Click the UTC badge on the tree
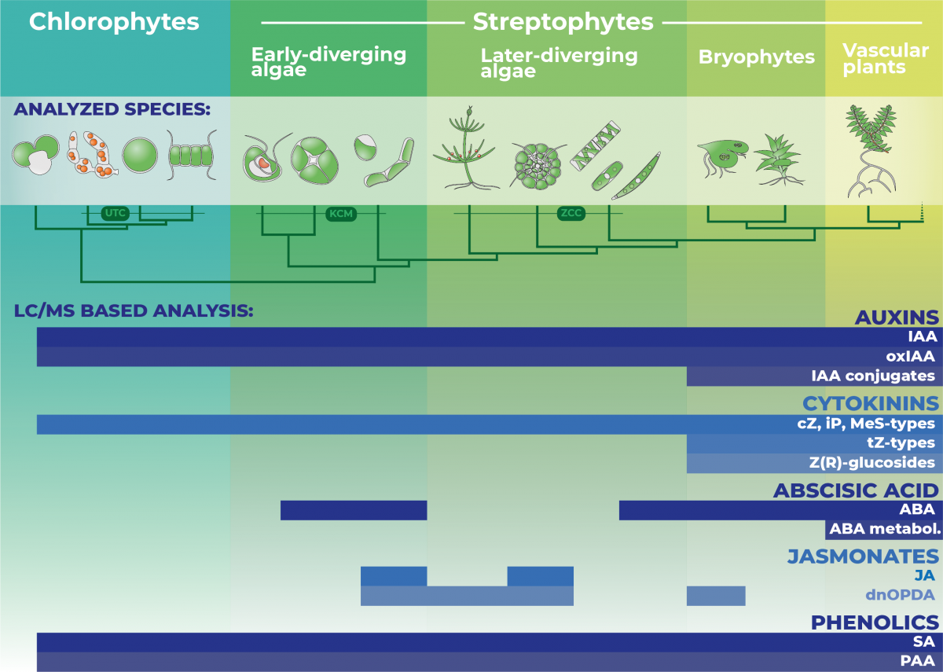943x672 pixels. pyautogui.click(x=115, y=213)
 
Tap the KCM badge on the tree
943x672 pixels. pyautogui.click(x=341, y=214)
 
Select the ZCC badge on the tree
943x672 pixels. pyautogui.click(x=571, y=213)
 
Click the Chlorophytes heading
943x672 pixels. pyautogui.click(x=114, y=22)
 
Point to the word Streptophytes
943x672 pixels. pyautogui.click(x=563, y=22)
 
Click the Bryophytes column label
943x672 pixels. pyautogui.click(x=757, y=57)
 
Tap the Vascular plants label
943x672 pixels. pyautogui.click(x=886, y=59)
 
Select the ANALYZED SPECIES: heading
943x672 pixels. pyautogui.click(x=112, y=109)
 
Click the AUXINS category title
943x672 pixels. pyautogui.click(x=897, y=318)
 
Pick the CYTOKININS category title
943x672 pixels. pyautogui.click(x=871, y=404)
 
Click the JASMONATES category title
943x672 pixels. pyautogui.click(x=863, y=556)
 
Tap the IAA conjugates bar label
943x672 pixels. pyautogui.click(x=873, y=376)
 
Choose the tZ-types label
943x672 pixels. pyautogui.click(x=901, y=443)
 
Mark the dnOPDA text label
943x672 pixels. pyautogui.click(x=900, y=595)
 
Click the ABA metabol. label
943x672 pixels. pyautogui.click(x=885, y=529)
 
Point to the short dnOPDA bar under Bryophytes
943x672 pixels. pyautogui.click(x=716, y=596)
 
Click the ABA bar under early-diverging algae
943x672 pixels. pyautogui.click(x=354, y=510)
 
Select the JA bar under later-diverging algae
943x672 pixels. pyautogui.click(x=540, y=576)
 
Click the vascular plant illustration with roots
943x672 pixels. pyautogui.click(x=871, y=151)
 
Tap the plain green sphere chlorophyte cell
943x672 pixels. pyautogui.click(x=140, y=156)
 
